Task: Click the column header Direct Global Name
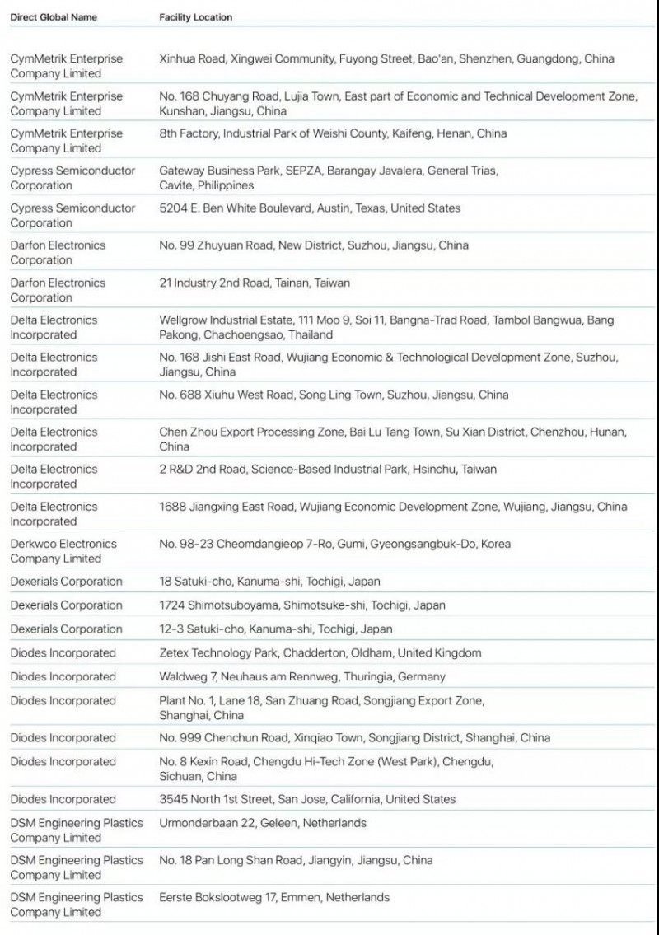54,17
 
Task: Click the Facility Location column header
195,17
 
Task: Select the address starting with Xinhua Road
386,59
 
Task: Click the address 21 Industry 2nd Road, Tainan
255,283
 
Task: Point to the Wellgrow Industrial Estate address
386,327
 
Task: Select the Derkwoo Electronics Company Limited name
63,551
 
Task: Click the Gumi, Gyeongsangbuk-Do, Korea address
334,544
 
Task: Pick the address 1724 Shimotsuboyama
302,605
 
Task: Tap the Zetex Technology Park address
320,652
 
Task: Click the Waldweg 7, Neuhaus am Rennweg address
302,676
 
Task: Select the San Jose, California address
307,799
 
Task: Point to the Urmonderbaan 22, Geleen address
263,822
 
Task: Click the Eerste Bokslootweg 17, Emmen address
274,897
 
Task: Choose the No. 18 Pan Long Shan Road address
296,860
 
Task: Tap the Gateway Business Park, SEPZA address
328,178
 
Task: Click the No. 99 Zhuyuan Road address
314,245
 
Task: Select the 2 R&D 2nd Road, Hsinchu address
328,469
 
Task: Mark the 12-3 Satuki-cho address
276,629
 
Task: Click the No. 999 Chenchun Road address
354,737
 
